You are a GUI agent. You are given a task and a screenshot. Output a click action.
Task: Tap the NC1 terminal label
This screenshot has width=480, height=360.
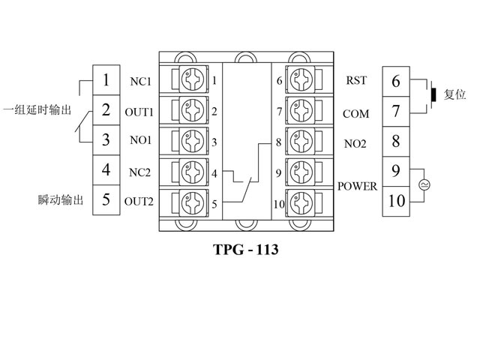[x=140, y=81]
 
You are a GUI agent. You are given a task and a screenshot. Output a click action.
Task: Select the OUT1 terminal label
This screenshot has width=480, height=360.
[x=139, y=112]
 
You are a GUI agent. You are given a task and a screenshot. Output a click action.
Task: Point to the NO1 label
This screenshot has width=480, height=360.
[x=140, y=140]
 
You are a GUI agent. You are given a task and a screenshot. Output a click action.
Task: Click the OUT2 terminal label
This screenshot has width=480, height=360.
[x=139, y=200]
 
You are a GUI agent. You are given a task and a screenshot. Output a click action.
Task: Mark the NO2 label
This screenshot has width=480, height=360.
[x=355, y=142]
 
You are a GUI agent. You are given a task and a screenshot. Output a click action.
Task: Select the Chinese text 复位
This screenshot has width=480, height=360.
[x=455, y=95]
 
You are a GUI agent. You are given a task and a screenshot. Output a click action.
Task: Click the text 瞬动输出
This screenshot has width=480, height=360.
[x=59, y=200]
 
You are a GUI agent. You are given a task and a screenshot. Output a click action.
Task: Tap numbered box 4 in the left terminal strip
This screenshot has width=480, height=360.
[x=106, y=169]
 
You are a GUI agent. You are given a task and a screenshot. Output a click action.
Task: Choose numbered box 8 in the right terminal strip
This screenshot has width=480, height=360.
[x=396, y=140]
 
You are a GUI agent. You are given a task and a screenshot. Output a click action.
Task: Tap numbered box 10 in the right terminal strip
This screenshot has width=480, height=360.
[x=396, y=200]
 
